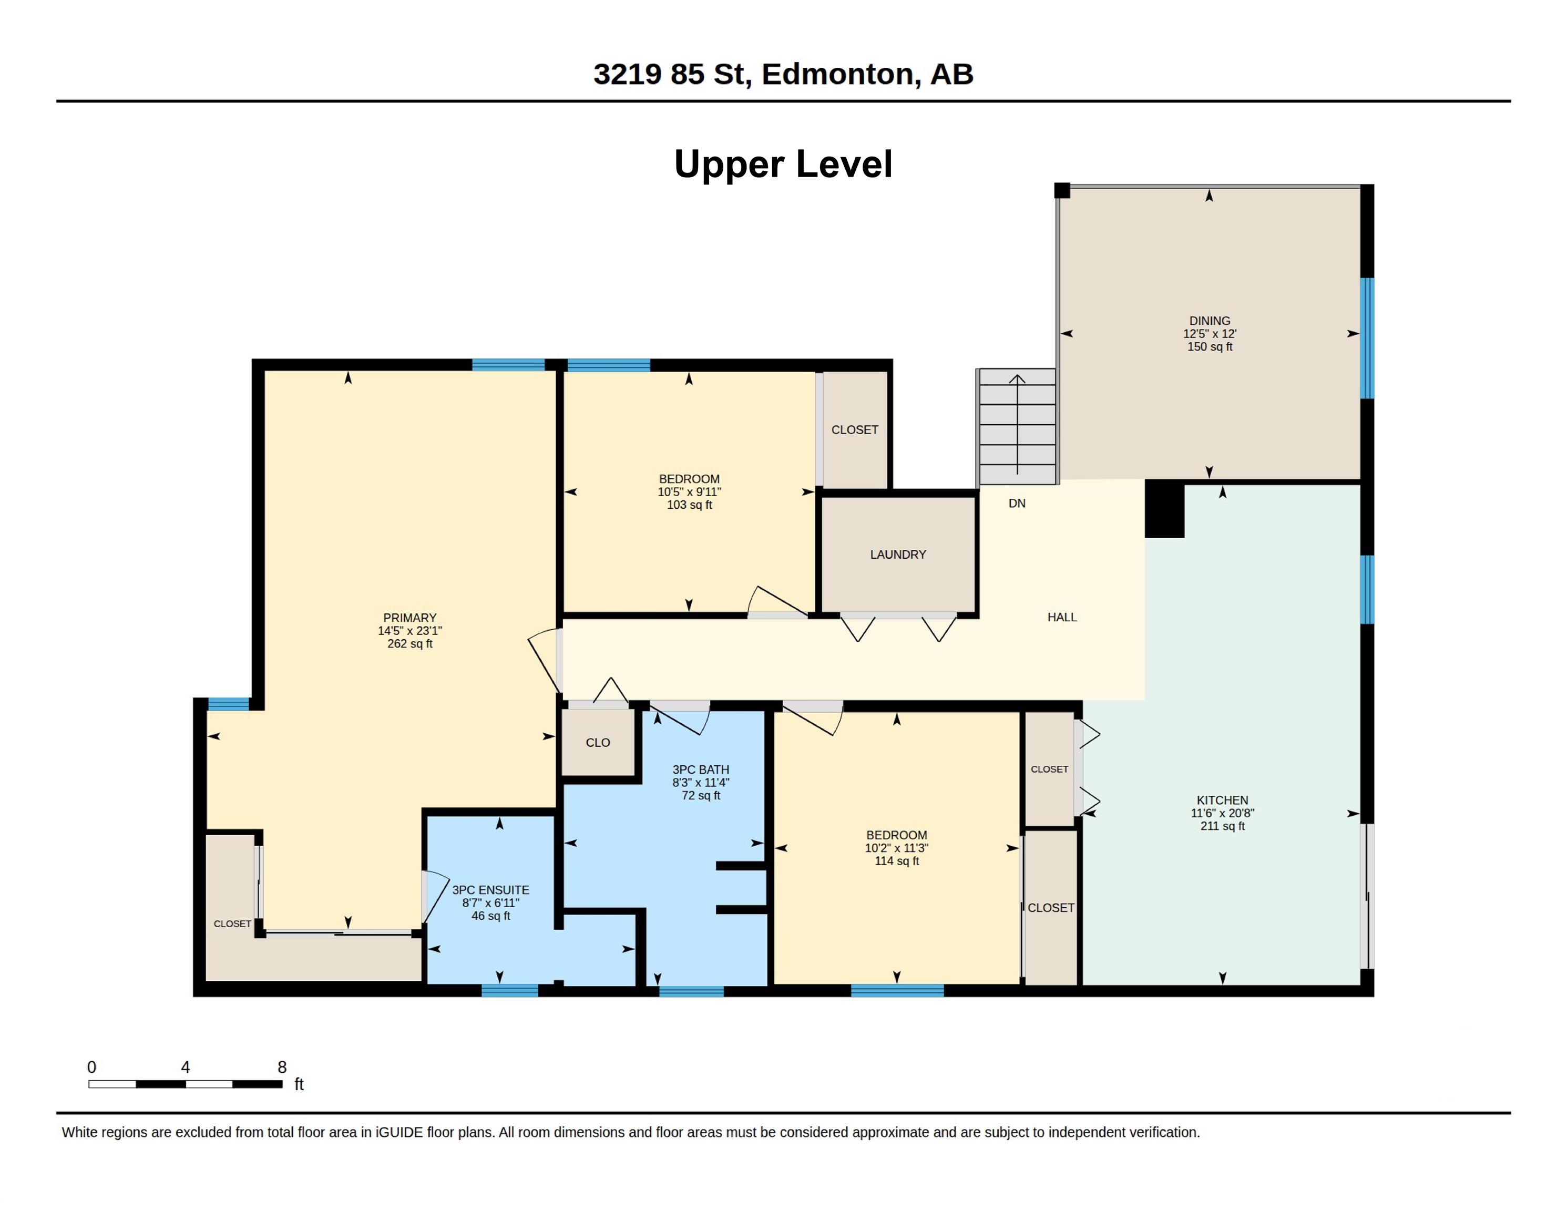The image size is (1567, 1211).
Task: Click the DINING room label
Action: tap(1210, 321)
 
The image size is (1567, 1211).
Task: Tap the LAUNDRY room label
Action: tap(898, 555)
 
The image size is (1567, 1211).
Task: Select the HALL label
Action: tap(1062, 617)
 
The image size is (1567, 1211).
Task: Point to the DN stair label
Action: tap(1017, 504)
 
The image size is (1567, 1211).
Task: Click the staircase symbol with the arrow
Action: tap(1017, 426)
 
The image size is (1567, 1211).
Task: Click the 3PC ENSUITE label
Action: tap(491, 890)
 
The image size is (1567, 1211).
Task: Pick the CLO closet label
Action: tap(598, 743)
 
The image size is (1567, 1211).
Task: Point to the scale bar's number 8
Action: tap(282, 1067)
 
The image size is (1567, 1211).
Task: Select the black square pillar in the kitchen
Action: tap(1164, 509)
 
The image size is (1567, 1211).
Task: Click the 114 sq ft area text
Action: tap(896, 861)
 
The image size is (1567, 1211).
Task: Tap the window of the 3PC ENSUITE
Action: tap(509, 991)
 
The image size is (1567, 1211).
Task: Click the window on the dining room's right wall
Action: tap(1368, 338)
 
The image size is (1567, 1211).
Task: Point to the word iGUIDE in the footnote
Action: tap(399, 1132)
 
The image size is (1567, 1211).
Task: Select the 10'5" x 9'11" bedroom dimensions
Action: tap(689, 492)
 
